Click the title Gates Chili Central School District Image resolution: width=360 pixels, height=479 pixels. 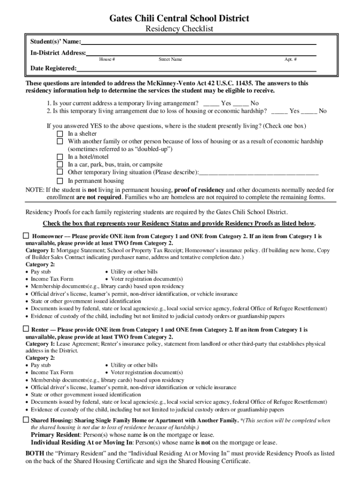(x=179, y=18)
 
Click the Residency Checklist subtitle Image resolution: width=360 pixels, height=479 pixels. (x=180, y=29)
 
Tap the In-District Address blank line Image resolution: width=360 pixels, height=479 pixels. (x=201, y=54)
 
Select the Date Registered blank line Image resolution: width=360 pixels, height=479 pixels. (x=196, y=69)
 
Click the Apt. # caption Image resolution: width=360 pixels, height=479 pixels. (x=290, y=59)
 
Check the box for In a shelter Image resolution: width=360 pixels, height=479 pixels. (x=60, y=134)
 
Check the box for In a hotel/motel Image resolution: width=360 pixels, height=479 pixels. (x=60, y=157)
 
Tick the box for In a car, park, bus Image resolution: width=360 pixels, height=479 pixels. (x=60, y=165)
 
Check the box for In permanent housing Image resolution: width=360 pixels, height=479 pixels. (x=60, y=181)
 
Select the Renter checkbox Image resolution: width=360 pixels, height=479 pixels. (x=26, y=329)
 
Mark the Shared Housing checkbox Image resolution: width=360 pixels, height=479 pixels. (x=26, y=420)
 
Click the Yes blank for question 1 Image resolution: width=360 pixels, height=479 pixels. (x=211, y=103)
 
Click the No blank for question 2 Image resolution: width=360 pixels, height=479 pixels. (x=309, y=111)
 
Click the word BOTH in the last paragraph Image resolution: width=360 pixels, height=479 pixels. (x=35, y=454)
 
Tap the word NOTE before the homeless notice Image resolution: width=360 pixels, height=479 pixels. (x=34, y=190)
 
